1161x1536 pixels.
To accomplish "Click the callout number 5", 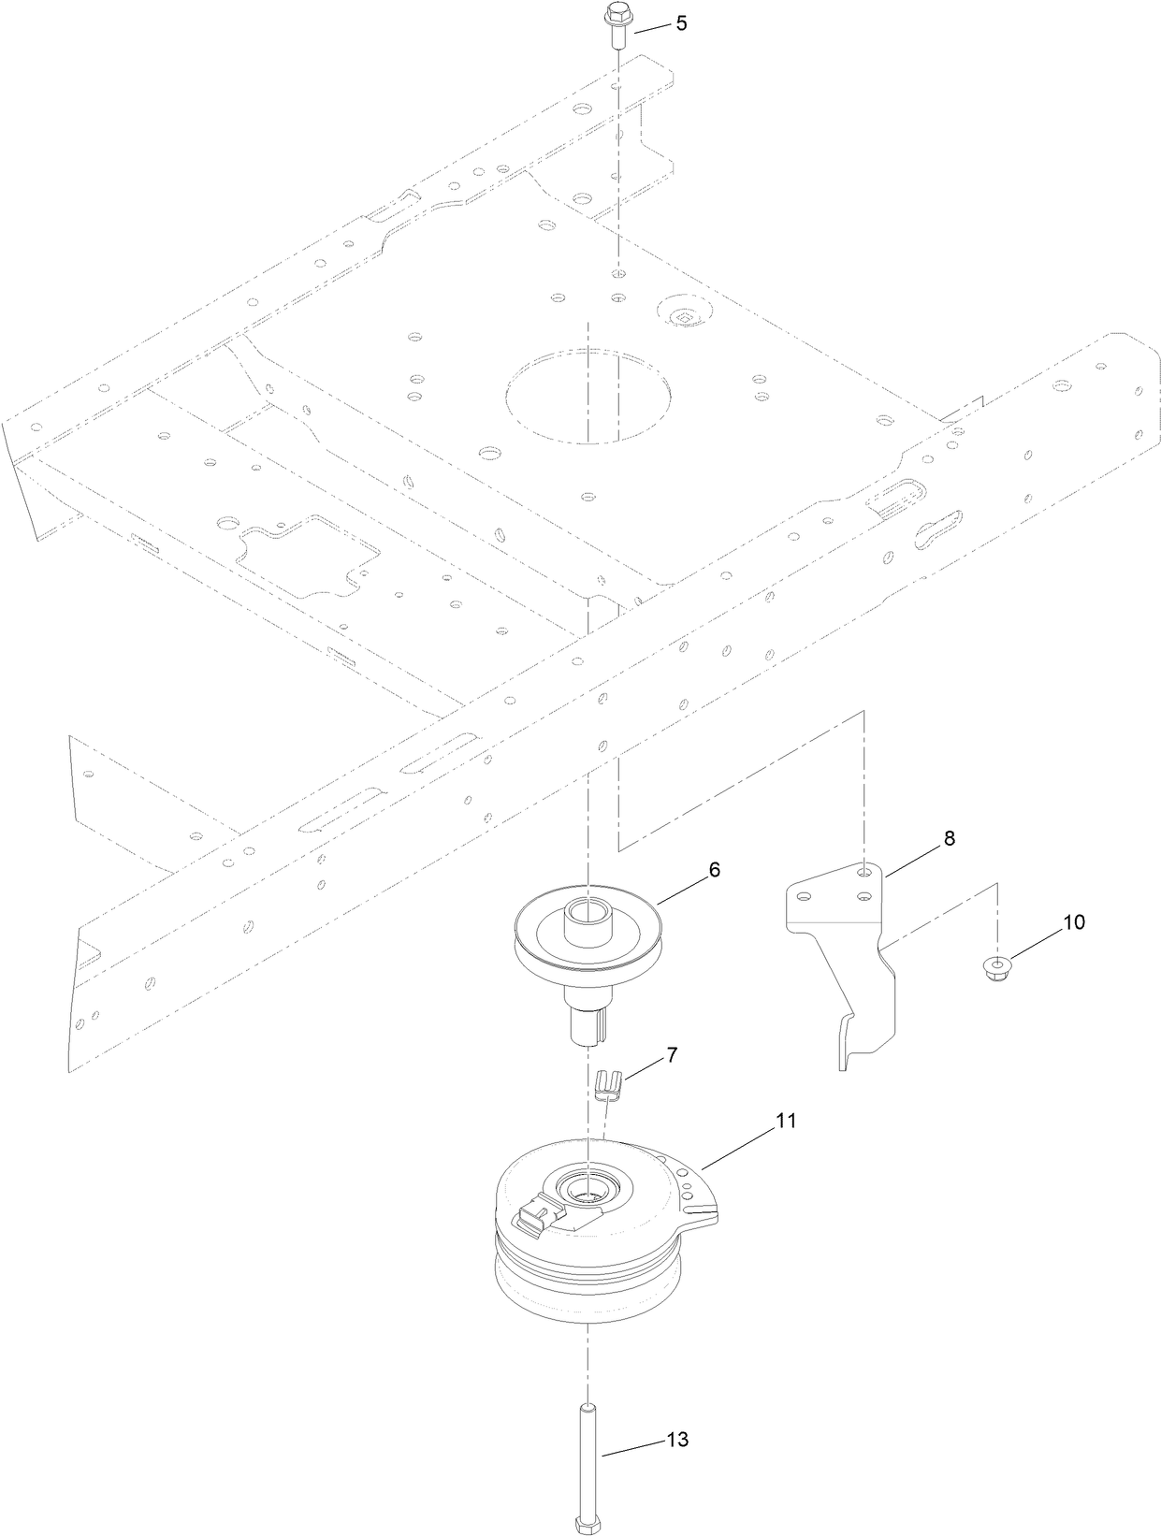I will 681,23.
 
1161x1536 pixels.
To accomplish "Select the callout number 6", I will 714,869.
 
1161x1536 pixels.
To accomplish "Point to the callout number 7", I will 672,1055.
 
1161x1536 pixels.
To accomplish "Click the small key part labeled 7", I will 606,1087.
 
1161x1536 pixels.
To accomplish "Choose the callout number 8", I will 949,839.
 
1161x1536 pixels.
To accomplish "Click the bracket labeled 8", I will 842,945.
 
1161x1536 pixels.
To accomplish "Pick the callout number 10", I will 1073,921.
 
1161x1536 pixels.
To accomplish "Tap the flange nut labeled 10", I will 998,967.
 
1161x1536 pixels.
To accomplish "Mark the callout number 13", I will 677,1440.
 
